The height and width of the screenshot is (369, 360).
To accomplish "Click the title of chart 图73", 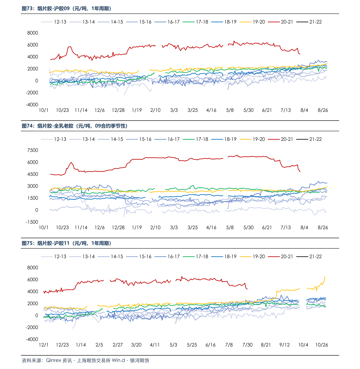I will coord(66,8).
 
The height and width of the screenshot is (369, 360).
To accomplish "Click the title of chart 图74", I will coord(75,126).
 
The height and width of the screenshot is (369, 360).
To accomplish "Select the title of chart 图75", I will coord(66,243).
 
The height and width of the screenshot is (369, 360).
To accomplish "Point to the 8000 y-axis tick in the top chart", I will coord(33,33).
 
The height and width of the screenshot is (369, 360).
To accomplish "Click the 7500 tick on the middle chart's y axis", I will coord(33,150).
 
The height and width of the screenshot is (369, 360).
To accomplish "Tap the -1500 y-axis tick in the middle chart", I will coord(32,222).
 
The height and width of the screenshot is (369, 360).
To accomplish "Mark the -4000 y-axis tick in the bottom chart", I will coord(32,339).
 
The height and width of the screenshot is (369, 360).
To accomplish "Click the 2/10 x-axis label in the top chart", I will coord(155,110).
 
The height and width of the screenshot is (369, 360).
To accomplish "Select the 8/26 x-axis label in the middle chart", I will coord(323,227).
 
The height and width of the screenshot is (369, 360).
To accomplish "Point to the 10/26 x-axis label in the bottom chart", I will coord(322,345).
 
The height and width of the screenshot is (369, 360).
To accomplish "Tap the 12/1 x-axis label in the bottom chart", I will coord(44,345).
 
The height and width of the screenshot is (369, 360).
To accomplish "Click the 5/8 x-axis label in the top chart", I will coord(230,110).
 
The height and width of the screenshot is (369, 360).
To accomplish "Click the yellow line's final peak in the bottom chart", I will coord(325,277).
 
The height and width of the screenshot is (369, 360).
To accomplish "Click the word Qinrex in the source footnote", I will coord(54,360).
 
